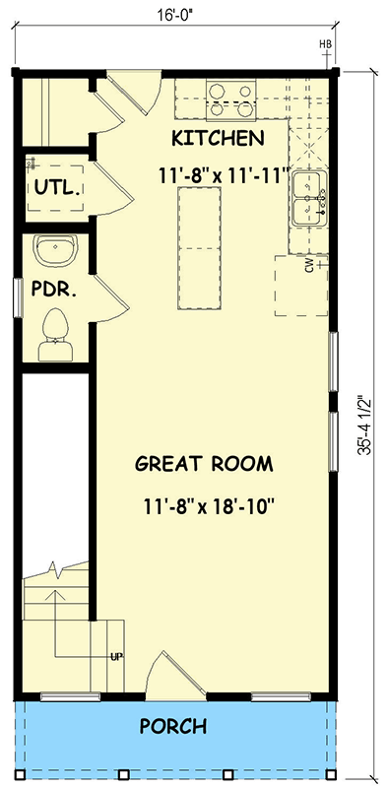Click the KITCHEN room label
(x=217, y=137)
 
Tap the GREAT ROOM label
(x=204, y=463)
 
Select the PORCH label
(x=173, y=727)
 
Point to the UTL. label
(x=57, y=187)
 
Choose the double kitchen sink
(x=308, y=197)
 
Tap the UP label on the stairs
(x=116, y=657)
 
